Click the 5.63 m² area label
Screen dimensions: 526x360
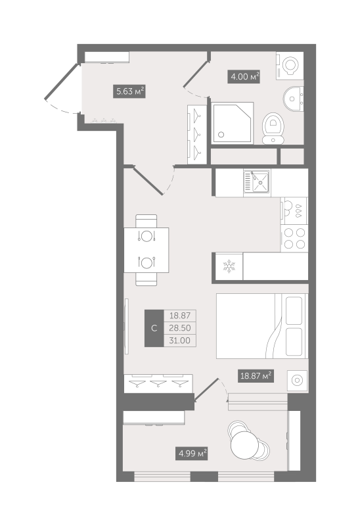pos(129,92)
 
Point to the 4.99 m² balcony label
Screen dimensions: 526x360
pos(192,452)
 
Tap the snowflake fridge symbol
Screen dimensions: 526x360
pos(229,266)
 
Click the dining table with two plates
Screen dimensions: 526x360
pos(146,249)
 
